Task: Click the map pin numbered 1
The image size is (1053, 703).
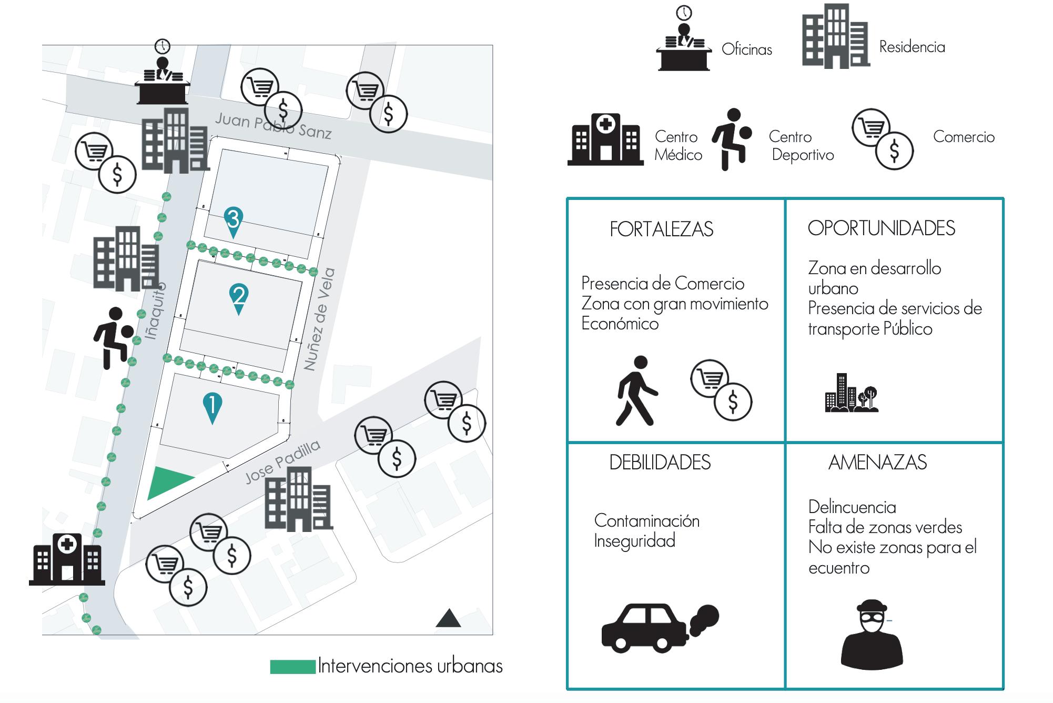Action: (212, 406)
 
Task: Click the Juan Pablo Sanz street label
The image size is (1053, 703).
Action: (274, 126)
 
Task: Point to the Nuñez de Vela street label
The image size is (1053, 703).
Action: (319, 319)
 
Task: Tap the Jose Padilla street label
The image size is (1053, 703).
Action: (282, 461)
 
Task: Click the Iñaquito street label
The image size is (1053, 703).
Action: (155, 310)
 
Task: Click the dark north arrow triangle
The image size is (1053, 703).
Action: (448, 619)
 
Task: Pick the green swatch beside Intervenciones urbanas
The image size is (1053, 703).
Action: (292, 667)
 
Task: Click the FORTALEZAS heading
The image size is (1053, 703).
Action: (661, 229)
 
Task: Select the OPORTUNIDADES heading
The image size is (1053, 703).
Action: (881, 228)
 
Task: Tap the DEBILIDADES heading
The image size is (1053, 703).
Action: (660, 463)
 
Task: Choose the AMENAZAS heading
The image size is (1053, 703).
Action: (877, 463)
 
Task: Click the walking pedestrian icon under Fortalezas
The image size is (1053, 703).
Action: (636, 391)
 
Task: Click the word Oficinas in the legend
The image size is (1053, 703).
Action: (746, 49)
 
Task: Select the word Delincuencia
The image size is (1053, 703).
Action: (852, 507)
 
